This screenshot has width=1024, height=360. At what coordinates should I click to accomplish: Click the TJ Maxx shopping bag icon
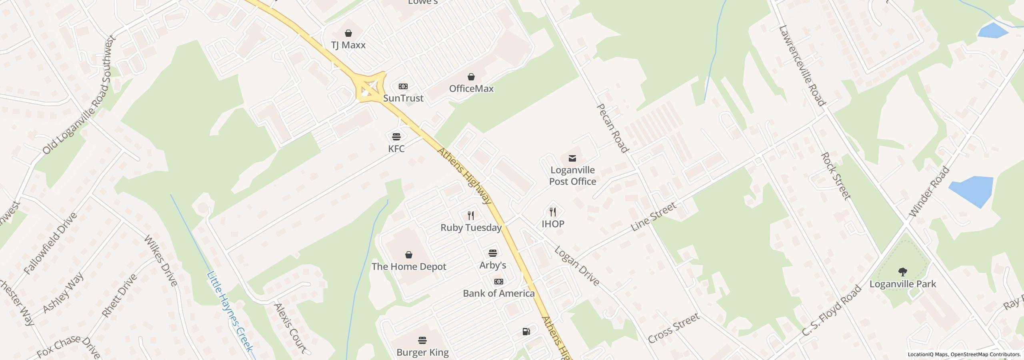[348, 33]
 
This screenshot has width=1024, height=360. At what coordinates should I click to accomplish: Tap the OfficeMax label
[471, 88]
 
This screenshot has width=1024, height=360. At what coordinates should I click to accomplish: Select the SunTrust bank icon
[403, 86]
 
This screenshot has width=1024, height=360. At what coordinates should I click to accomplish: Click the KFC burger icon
[396, 137]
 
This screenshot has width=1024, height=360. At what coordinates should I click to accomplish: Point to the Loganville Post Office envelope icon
[572, 158]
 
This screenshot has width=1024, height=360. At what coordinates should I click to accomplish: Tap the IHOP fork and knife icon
[553, 212]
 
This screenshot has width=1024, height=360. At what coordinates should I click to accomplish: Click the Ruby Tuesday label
[471, 228]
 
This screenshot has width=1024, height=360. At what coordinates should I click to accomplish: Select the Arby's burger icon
[493, 253]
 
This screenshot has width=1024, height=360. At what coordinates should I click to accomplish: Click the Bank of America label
[498, 293]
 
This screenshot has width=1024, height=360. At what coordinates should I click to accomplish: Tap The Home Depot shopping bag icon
[409, 255]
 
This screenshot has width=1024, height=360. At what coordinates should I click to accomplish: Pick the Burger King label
[422, 352]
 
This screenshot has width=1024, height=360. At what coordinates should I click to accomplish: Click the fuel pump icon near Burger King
[526, 331]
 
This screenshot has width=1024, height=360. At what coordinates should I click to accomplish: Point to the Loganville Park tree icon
[902, 272]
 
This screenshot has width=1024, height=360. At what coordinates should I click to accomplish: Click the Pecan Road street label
[612, 128]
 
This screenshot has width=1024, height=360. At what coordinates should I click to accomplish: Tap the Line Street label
[654, 216]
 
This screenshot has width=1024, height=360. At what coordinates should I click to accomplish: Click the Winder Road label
[929, 192]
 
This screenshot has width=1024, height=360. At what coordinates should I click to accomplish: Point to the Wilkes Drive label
[160, 260]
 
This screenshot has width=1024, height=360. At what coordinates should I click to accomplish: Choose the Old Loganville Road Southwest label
[79, 95]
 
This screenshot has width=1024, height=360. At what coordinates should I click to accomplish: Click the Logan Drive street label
[577, 266]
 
